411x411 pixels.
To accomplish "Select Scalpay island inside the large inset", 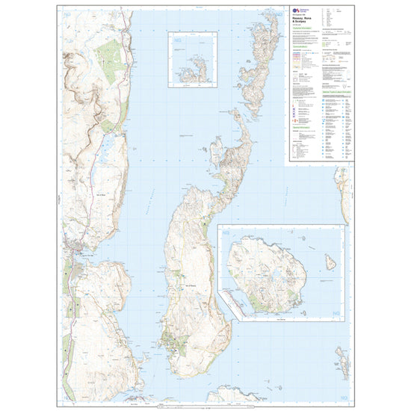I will coord(270,275).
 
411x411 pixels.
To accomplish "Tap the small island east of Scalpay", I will coord(330,262).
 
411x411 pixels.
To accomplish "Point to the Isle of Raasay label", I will coord(186,285).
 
